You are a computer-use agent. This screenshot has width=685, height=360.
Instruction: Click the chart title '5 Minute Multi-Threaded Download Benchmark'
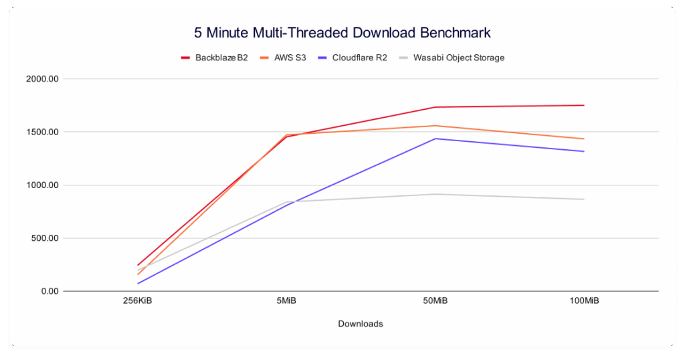(x=342, y=32)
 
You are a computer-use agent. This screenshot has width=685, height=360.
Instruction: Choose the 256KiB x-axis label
(x=138, y=302)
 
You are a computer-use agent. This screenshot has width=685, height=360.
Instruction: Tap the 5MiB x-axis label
(x=287, y=302)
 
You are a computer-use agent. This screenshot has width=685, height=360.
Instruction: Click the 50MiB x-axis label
(x=435, y=302)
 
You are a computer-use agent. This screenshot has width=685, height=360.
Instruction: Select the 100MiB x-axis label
(x=584, y=302)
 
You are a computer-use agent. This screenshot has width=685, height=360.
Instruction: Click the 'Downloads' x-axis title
(x=361, y=324)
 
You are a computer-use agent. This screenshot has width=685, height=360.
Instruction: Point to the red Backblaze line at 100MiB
(x=584, y=105)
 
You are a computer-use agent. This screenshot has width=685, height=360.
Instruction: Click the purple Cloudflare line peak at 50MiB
(x=435, y=139)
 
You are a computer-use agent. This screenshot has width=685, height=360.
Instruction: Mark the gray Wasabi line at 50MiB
(x=435, y=194)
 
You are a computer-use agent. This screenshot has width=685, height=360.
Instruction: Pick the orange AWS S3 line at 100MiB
(x=584, y=139)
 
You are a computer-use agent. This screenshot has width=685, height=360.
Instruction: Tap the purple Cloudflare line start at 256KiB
(x=138, y=283)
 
